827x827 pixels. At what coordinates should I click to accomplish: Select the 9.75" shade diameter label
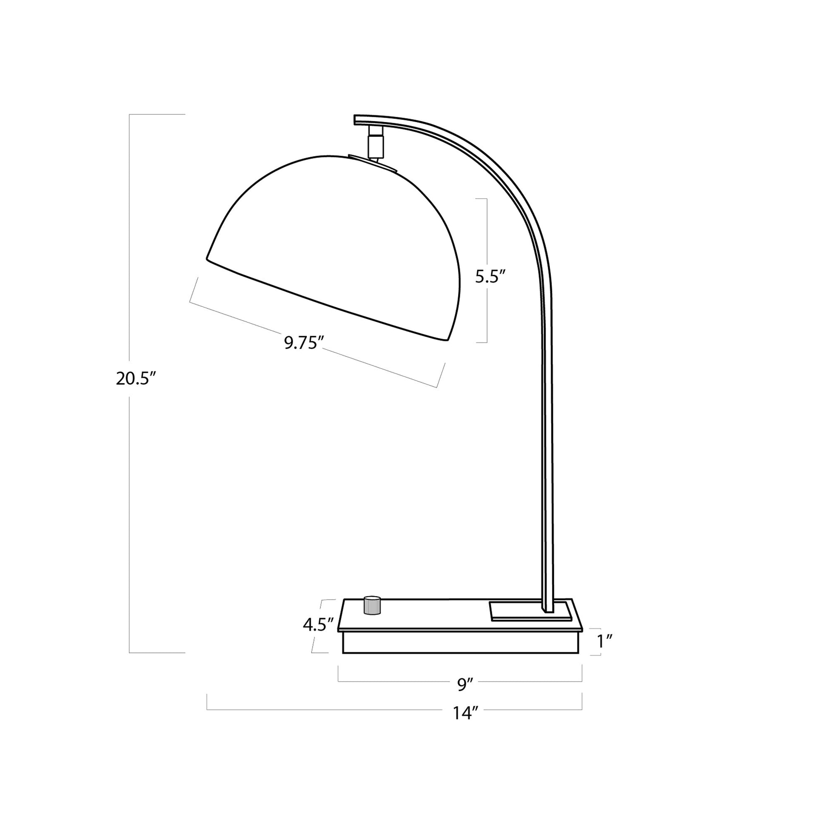303,343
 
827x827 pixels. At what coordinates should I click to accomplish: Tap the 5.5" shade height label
490,277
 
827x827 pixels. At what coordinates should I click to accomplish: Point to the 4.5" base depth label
318,626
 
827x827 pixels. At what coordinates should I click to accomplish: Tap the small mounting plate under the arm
531,611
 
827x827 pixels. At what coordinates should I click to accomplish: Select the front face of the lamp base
460,643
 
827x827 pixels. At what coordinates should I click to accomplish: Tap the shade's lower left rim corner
207,258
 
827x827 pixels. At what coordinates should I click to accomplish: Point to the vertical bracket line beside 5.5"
487,240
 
